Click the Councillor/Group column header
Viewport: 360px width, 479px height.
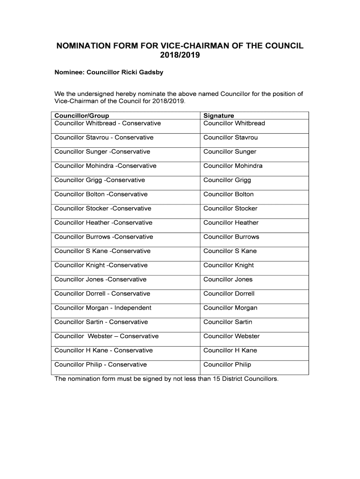(x=82, y=116)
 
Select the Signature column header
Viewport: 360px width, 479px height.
(x=219, y=116)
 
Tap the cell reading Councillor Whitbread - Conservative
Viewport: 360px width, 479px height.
(x=108, y=123)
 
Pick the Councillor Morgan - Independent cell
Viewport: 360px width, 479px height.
(x=103, y=308)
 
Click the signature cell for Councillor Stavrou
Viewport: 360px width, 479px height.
(x=230, y=138)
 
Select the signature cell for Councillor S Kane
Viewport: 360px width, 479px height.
(x=230, y=251)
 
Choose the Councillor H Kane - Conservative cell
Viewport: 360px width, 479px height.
(x=103, y=350)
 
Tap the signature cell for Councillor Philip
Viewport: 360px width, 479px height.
(x=227, y=364)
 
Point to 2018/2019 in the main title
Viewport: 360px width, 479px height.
(x=180, y=56)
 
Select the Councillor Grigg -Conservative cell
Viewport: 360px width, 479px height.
(x=100, y=180)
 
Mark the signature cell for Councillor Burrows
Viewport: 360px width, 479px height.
(x=231, y=237)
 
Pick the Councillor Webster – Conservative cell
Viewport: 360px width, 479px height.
(x=107, y=336)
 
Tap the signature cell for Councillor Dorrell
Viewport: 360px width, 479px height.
(x=229, y=294)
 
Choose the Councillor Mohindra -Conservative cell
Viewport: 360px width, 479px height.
(x=105, y=166)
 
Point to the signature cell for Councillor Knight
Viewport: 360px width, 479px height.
(x=229, y=265)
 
